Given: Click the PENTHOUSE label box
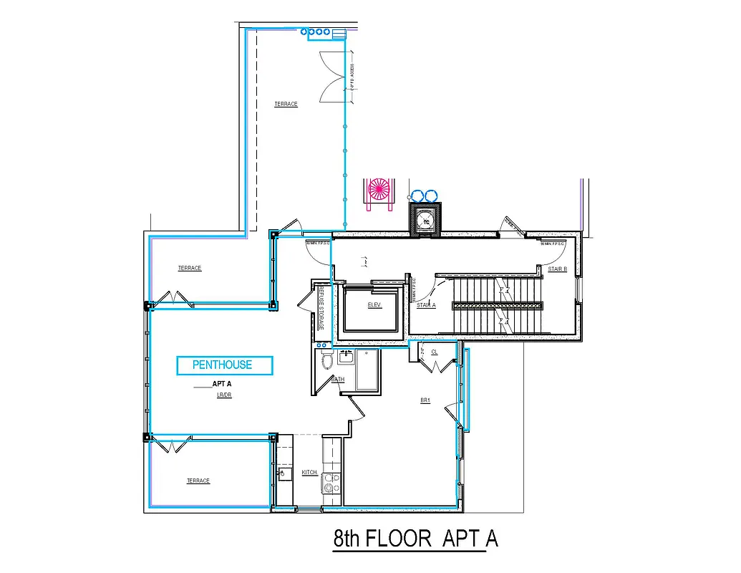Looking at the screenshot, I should click(225, 365).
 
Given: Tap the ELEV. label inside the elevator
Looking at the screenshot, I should click(374, 305).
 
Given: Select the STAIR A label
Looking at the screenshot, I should click(426, 306).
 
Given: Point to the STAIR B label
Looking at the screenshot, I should click(557, 269).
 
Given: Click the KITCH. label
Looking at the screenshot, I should click(309, 473).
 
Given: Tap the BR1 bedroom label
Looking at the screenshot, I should click(425, 401).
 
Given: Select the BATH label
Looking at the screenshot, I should click(338, 380).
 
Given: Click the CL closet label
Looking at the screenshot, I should click(435, 352).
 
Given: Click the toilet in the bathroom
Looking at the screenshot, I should click(326, 361).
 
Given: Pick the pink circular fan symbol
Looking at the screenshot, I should click(379, 190).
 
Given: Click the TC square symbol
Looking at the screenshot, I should click(426, 221).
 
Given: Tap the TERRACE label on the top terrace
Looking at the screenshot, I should click(286, 105).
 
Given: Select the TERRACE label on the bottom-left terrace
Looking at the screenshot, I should click(198, 481).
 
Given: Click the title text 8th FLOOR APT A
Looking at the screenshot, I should click(415, 539).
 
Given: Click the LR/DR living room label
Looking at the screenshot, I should click(224, 395).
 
